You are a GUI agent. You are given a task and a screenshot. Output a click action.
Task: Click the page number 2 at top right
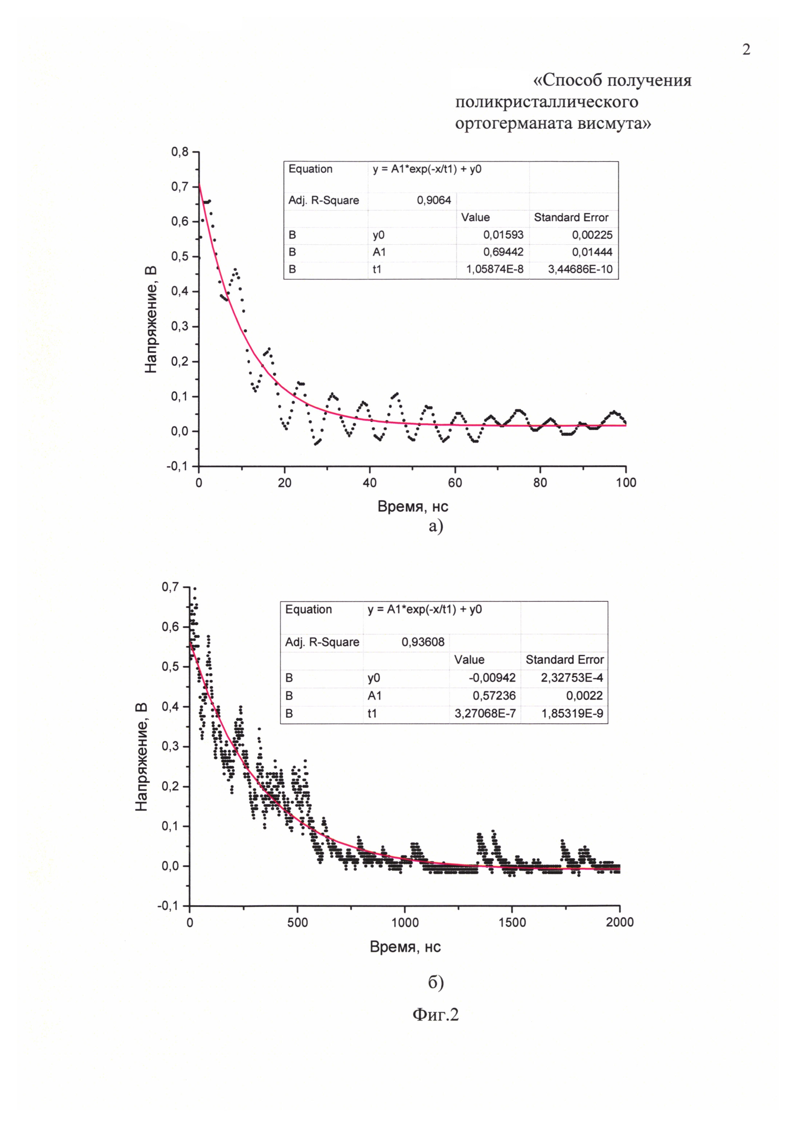(x=746, y=50)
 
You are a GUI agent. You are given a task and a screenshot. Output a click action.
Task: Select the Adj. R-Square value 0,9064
(x=434, y=201)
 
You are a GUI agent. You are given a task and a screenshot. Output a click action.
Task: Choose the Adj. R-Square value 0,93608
(x=422, y=642)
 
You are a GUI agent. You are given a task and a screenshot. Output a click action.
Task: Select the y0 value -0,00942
(x=492, y=678)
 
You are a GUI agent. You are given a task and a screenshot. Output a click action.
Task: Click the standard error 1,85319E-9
(x=572, y=713)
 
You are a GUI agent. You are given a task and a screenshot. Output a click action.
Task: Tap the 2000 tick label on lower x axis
(x=620, y=922)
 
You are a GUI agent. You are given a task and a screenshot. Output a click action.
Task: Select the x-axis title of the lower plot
(x=405, y=947)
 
